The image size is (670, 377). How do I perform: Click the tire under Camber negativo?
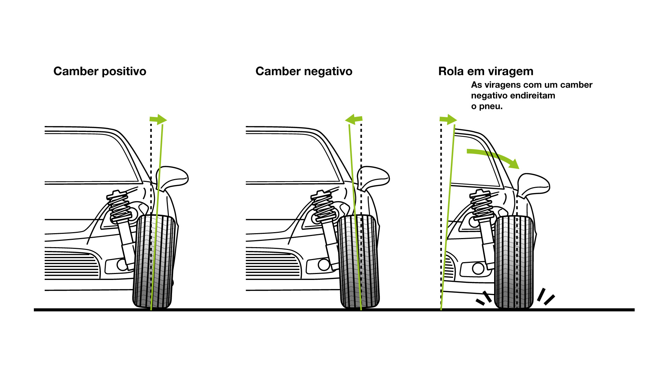[359, 262]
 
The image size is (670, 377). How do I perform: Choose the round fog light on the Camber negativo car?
[324, 265]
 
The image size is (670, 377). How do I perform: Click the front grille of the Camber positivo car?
[72, 264]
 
